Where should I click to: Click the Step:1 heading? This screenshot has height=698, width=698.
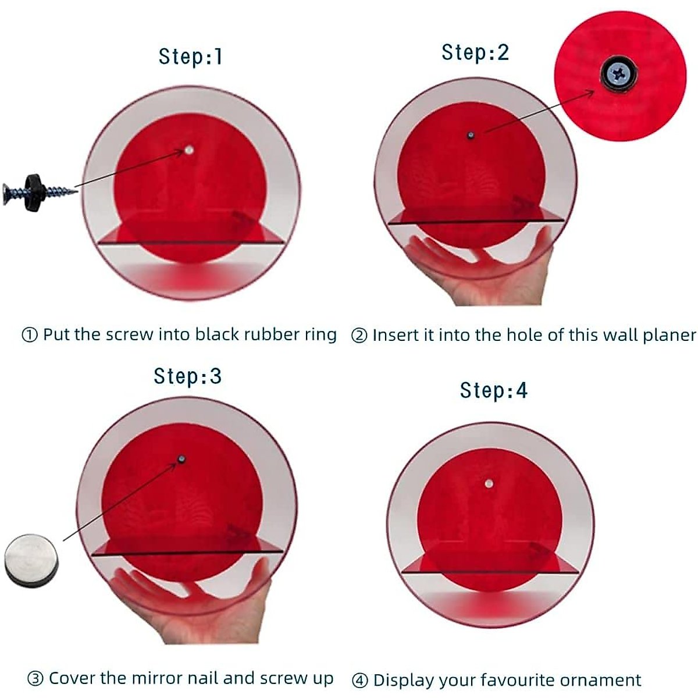[190, 57]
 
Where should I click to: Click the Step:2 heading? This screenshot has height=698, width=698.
[475, 52]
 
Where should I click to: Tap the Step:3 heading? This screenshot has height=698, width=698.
[188, 376]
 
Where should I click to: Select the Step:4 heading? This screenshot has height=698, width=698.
[494, 390]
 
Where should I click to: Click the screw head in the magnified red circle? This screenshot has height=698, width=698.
[618, 73]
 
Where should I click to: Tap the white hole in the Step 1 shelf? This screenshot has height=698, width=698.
[188, 150]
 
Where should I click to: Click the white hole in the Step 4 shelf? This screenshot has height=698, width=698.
[488, 483]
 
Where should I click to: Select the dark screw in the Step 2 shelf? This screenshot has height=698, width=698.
[470, 136]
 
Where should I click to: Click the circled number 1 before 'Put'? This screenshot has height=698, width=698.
[30, 336]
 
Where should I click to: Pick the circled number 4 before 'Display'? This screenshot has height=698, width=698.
[360, 681]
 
